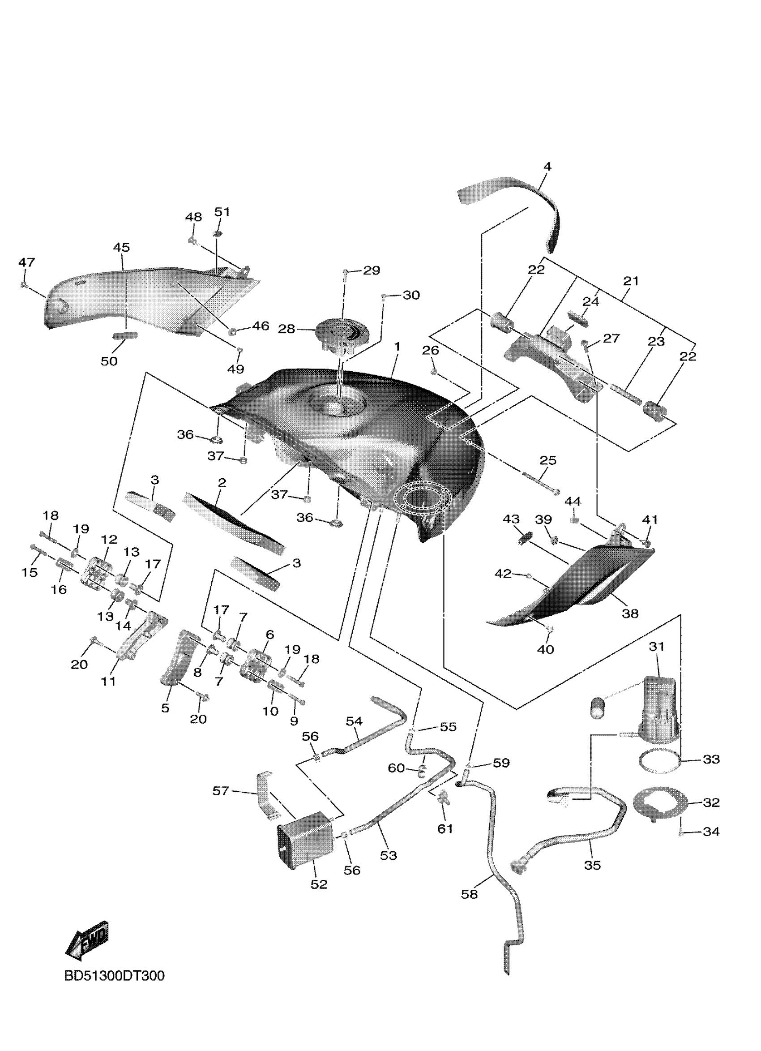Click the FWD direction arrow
[88, 941]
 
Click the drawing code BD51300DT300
[114, 976]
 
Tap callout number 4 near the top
[547, 167]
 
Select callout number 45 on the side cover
[121, 248]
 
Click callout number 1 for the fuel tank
[397, 347]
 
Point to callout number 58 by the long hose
[469, 907]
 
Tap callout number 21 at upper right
[631, 281]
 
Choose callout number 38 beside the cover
[630, 613]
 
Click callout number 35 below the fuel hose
[592, 865]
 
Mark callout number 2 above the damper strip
[222, 483]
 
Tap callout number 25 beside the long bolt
[548, 460]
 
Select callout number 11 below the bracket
[108, 681]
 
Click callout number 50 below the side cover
[109, 361]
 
